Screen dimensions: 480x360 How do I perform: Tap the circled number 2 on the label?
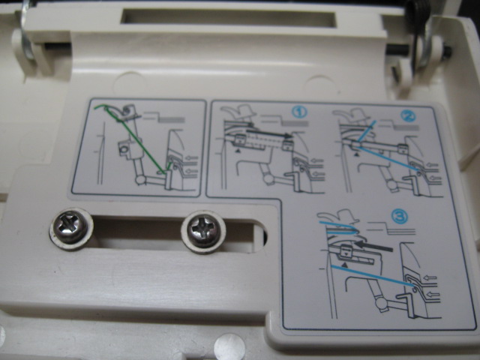(x=408, y=115)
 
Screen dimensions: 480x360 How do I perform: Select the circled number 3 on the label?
(x=400, y=217)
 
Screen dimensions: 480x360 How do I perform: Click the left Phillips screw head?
(x=70, y=228)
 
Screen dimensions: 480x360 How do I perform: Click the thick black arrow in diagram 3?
(x=373, y=246)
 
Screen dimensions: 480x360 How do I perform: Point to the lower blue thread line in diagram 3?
(x=373, y=275)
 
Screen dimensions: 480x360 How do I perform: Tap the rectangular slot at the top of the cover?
(x=228, y=17)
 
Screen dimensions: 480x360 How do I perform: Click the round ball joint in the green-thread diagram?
(x=141, y=179)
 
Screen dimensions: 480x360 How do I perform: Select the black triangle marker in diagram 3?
(x=345, y=265)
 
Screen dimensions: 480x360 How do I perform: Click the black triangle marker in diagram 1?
(x=238, y=150)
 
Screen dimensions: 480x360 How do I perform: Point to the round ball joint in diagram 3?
(x=381, y=304)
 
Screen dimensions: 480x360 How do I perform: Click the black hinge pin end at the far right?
(x=447, y=52)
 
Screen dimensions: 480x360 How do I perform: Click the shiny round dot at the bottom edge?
(x=229, y=346)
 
